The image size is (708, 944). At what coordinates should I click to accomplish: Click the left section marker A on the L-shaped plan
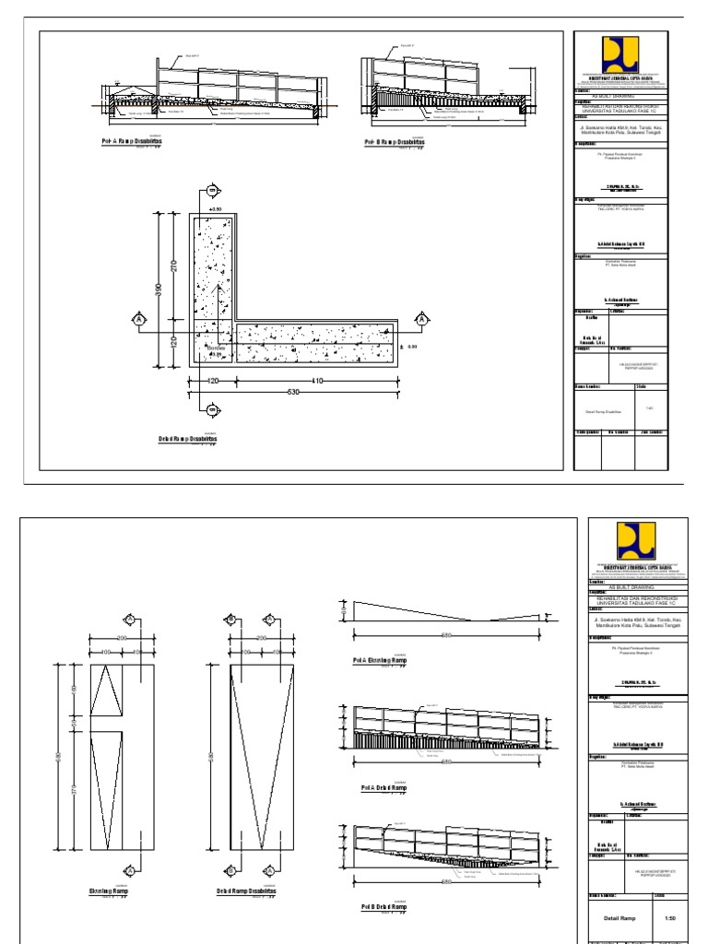(139, 319)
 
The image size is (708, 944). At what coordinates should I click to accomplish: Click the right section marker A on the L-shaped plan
(422, 319)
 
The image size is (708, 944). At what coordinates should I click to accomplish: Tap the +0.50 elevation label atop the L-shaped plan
(217, 210)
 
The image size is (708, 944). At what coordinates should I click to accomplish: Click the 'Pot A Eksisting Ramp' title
(384, 661)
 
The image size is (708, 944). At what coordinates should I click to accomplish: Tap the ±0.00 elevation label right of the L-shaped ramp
(411, 347)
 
